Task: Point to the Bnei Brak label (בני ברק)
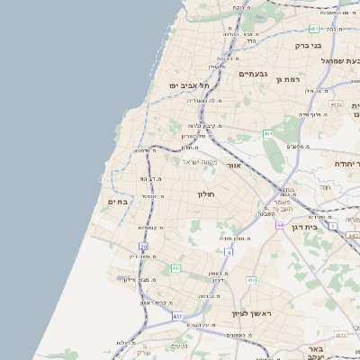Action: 308,44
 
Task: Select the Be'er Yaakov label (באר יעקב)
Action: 313,352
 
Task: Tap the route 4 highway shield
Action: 229,253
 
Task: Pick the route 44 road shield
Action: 280,224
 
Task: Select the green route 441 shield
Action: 175,268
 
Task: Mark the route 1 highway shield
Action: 332,226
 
